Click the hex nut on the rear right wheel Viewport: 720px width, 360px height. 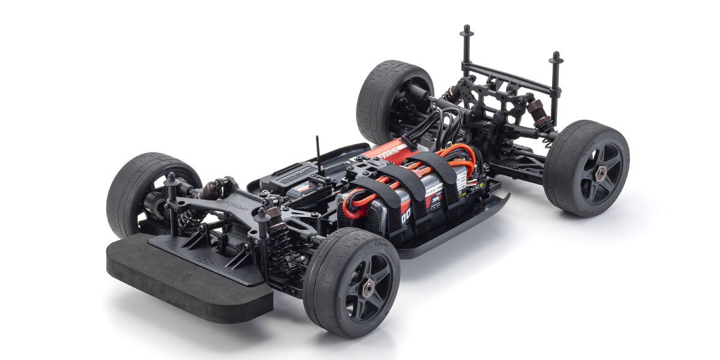tap(599, 172)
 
